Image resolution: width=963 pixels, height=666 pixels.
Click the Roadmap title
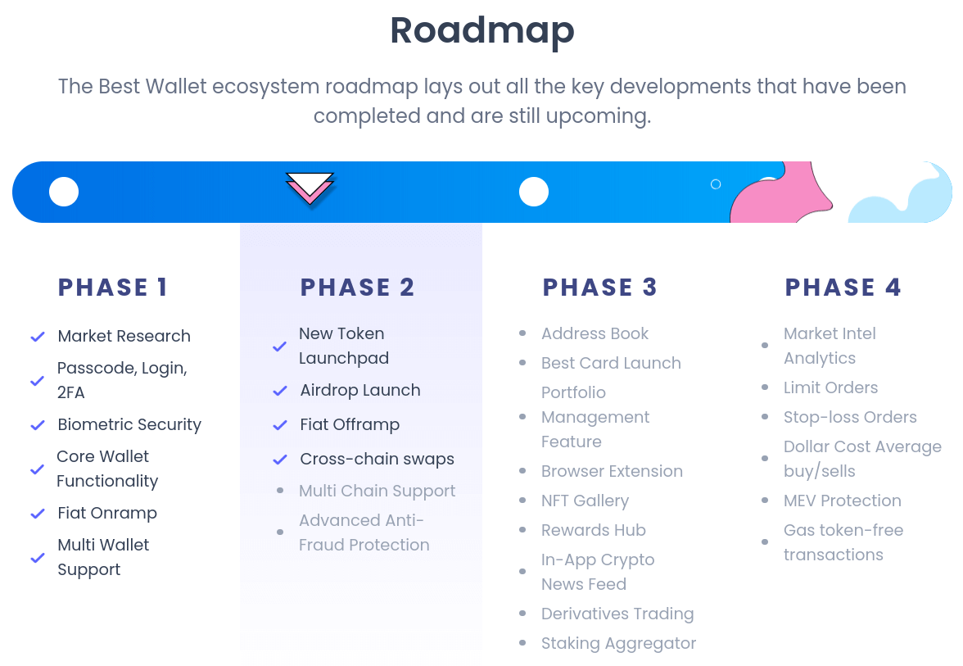pyautogui.click(x=481, y=31)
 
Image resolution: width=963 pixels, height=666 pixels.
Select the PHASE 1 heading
pyautogui.click(x=112, y=288)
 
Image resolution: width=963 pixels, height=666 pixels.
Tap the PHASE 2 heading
pyautogui.click(x=357, y=288)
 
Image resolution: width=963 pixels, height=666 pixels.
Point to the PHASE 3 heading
pyautogui.click(x=599, y=288)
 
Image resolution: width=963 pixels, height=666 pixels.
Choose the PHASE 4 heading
pyautogui.click(x=843, y=288)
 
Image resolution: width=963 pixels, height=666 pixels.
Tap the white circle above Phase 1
pyautogui.click(x=64, y=192)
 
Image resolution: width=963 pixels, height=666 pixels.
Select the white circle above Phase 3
pyautogui.click(x=534, y=192)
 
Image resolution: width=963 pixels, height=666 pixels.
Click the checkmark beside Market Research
pyautogui.click(x=38, y=337)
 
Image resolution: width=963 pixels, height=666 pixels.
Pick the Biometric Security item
pyautogui.click(x=129, y=424)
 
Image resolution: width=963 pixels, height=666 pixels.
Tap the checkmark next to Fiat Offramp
pyautogui.click(x=280, y=425)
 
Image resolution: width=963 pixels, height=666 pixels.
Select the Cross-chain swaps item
pyautogui.click(x=377, y=459)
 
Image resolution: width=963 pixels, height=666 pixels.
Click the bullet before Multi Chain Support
pyautogui.click(x=280, y=491)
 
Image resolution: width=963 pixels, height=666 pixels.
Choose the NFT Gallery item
pyautogui.click(x=585, y=501)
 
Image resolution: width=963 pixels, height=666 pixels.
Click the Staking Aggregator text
pyautogui.click(x=618, y=643)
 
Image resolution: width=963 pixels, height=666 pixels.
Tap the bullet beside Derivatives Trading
pyautogui.click(x=522, y=614)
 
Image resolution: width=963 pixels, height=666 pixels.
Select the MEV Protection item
pyautogui.click(x=842, y=501)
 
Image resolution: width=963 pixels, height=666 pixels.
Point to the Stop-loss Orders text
pyautogui.click(x=849, y=417)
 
